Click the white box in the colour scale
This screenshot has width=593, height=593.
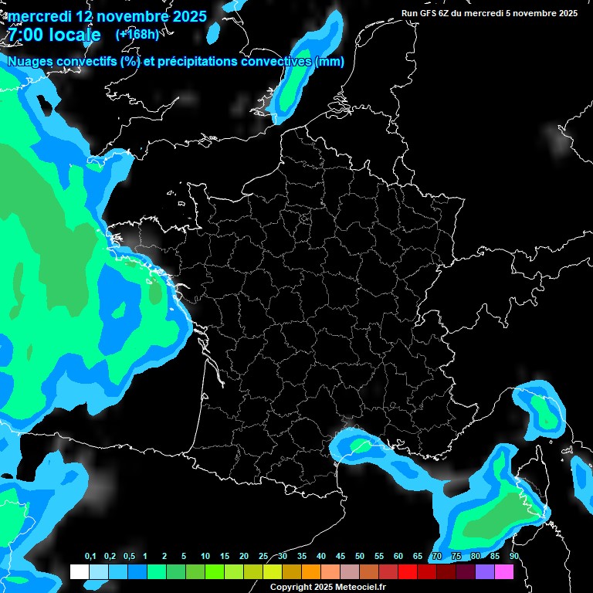pos(79,571)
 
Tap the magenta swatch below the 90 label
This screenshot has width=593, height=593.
pos(504,571)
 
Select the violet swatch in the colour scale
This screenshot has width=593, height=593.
pos(485,571)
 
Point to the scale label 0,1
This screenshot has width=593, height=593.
pos(90,557)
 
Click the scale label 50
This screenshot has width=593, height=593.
pos(360,557)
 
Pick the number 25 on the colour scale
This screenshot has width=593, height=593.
pos(263,557)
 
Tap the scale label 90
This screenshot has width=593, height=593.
pos(513,557)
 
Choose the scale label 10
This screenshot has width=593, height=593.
pos(205,557)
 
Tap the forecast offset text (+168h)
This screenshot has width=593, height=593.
pos(137,35)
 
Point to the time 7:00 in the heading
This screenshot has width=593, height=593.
pos(23,36)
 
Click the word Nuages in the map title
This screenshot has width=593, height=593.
pos(30,62)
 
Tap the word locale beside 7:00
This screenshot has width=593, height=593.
pos(74,36)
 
